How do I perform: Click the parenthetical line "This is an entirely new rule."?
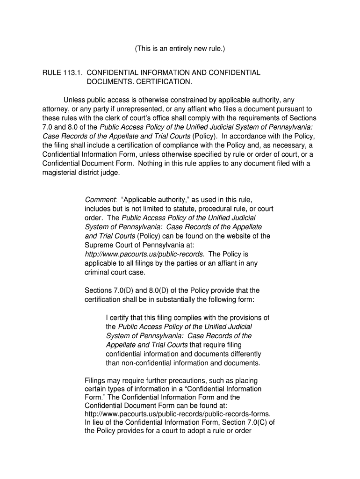pyautogui.click(x=180, y=49)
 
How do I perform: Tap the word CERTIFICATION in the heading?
pyautogui.click(x=163, y=82)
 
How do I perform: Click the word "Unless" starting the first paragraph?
pyautogui.click(x=74, y=100)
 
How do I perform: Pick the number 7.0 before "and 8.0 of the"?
pyautogui.click(x=48, y=127)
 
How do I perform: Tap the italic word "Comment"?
pyautogui.click(x=97, y=200)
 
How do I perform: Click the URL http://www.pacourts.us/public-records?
pyautogui.click(x=144, y=254)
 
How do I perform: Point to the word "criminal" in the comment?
pyautogui.click(x=97, y=272)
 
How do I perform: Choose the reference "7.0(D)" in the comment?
pyautogui.click(x=123, y=290)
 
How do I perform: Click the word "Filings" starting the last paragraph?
pyautogui.click(x=95, y=381)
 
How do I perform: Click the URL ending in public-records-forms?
pyautogui.click(x=178, y=414)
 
